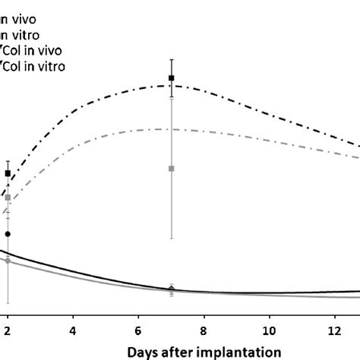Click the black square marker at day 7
click(x=172, y=78)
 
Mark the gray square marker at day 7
click(x=172, y=168)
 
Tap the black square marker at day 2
click(x=8, y=174)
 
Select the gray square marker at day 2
click(x=8, y=197)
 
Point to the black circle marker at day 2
click(x=8, y=234)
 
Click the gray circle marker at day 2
click(x=8, y=261)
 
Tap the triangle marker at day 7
click(x=172, y=288)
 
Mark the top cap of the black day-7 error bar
click(x=172, y=58)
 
